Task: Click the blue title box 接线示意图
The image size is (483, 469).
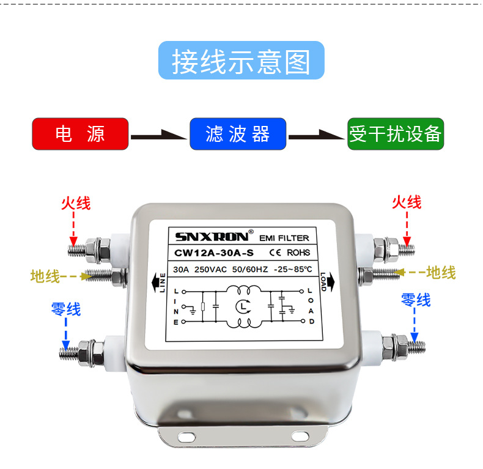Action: click(x=241, y=61)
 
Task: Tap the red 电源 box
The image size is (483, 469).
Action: click(x=80, y=134)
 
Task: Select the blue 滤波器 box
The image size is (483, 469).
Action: click(x=238, y=134)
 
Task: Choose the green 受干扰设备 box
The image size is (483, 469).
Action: click(x=395, y=134)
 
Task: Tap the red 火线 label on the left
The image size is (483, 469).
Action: click(x=75, y=203)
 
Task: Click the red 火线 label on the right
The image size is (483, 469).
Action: click(x=407, y=202)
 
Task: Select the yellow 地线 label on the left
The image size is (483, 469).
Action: click(x=45, y=276)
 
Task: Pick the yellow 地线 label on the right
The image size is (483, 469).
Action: click(x=440, y=273)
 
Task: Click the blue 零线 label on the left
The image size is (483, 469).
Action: click(x=65, y=309)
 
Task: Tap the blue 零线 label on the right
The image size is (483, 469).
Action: click(x=416, y=300)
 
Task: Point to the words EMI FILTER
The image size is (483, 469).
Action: click(x=284, y=238)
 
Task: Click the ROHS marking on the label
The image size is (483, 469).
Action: click(x=298, y=252)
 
